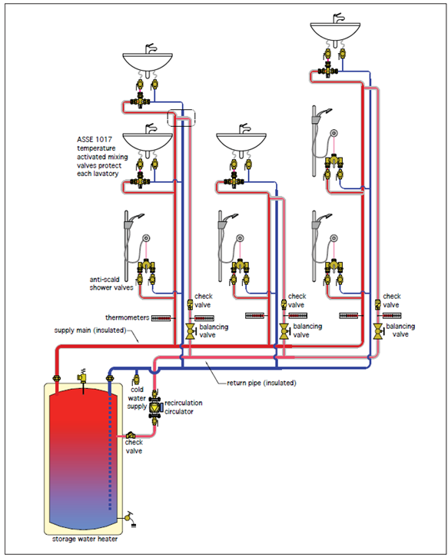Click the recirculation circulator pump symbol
tap(155, 407)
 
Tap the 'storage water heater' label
tap(85, 539)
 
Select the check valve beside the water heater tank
tap(130, 435)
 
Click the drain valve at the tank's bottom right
tap(129, 518)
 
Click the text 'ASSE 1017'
tap(95, 140)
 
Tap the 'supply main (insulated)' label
tap(91, 330)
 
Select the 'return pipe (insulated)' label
tap(261, 383)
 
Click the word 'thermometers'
tap(127, 317)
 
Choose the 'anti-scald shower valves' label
tap(111, 284)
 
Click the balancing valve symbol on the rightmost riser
tap(378, 331)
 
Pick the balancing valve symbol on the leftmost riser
tap(191, 331)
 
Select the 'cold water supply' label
tap(137, 398)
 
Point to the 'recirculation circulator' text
tap(183, 407)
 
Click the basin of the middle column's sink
tap(241, 142)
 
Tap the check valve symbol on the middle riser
tap(284, 304)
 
